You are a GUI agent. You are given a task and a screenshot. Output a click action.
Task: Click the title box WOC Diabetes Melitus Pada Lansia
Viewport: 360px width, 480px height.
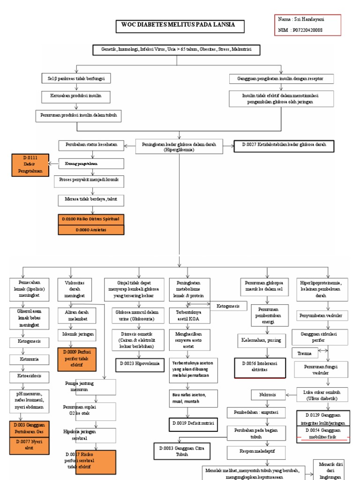180,26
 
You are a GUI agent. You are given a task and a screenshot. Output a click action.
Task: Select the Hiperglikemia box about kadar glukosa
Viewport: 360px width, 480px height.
179,147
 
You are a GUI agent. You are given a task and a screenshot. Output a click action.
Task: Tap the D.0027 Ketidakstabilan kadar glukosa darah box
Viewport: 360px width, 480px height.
285,145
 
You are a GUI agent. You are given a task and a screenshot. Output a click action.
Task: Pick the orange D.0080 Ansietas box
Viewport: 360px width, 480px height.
91,230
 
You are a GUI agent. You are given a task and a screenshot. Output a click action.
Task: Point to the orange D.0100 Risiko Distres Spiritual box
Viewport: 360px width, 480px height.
91,219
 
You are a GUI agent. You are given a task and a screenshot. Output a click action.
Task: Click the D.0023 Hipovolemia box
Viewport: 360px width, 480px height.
138,363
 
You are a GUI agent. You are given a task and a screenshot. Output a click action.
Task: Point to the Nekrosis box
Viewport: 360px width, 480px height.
268,395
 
